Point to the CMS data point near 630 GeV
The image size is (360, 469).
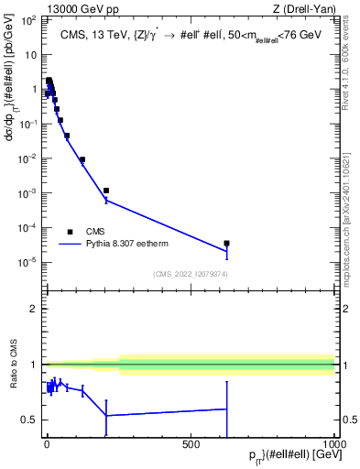click(x=226, y=244)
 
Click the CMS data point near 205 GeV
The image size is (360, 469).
click(x=106, y=191)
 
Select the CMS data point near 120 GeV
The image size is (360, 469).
click(x=82, y=159)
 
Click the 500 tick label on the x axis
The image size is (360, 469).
click(x=191, y=443)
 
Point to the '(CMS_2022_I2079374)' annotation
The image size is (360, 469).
click(x=191, y=273)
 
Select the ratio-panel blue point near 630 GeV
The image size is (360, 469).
click(x=226, y=409)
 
